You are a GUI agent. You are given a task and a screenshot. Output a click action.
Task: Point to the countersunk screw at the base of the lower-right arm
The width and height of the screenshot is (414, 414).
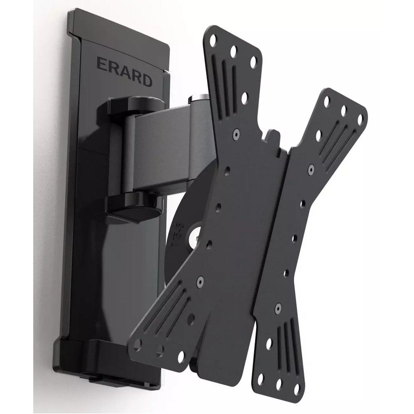click(278, 306)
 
